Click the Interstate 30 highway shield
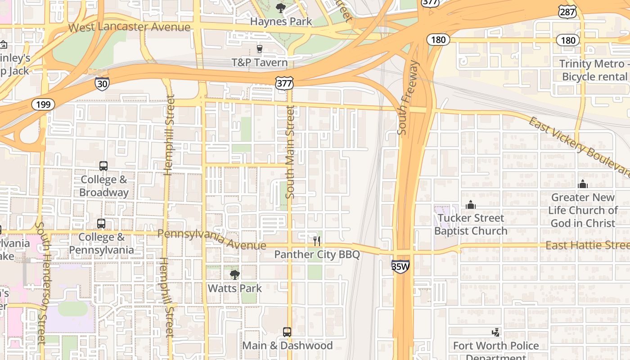tap(102, 84)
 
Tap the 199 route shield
tap(43, 105)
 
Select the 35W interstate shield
tap(400, 266)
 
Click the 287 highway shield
tap(567, 12)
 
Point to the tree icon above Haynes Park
tap(281, 8)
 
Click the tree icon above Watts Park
tap(234, 274)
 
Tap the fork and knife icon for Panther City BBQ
tap(317, 241)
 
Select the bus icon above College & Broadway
tap(103, 166)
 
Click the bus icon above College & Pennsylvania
tap(101, 224)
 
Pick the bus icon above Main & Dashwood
tap(287, 332)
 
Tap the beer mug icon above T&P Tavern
tap(260, 49)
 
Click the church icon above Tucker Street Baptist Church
tap(471, 205)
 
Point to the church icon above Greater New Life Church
tap(583, 184)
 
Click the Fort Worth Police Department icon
tap(495, 333)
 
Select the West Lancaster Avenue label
tap(129, 27)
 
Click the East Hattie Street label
tap(587, 245)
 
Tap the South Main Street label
tap(290, 152)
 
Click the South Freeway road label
tap(408, 98)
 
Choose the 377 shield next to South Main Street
tap(284, 82)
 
